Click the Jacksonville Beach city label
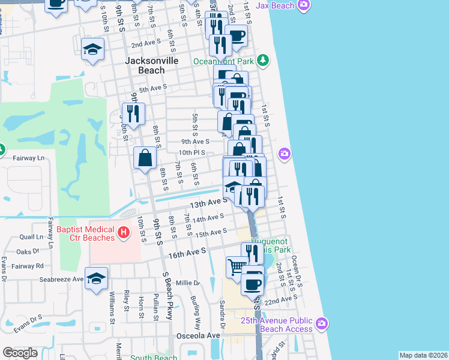click(144, 65)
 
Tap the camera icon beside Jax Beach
click(304, 5)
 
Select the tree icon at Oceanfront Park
click(262, 61)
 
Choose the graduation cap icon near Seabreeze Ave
click(96, 278)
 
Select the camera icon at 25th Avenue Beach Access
click(322, 324)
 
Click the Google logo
click(20, 353)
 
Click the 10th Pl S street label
click(192, 153)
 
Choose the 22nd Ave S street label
click(281, 299)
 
